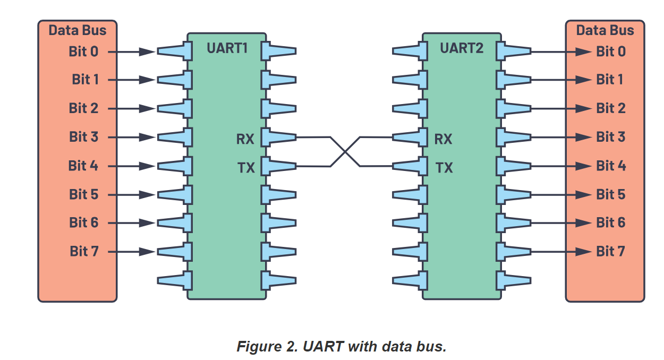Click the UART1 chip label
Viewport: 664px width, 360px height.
point(227,48)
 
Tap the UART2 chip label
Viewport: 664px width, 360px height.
point(462,48)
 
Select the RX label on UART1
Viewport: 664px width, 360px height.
point(245,139)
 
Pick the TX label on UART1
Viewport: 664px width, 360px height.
point(246,168)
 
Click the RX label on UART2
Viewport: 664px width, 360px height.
point(443,139)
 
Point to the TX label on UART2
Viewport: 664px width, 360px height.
point(444,168)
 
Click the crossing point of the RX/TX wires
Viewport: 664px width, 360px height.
point(345,152)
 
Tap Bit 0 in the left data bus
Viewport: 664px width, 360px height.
point(83,52)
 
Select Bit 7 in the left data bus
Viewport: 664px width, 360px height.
point(84,251)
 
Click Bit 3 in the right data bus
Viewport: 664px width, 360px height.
point(611,137)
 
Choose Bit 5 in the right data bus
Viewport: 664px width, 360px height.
point(611,194)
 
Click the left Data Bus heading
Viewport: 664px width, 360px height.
point(78,30)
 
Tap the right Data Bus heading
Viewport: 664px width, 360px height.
point(605,30)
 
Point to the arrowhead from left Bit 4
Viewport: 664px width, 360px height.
point(148,166)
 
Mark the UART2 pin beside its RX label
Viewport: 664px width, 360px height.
point(410,138)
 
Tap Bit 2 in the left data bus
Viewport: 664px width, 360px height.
point(83,108)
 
